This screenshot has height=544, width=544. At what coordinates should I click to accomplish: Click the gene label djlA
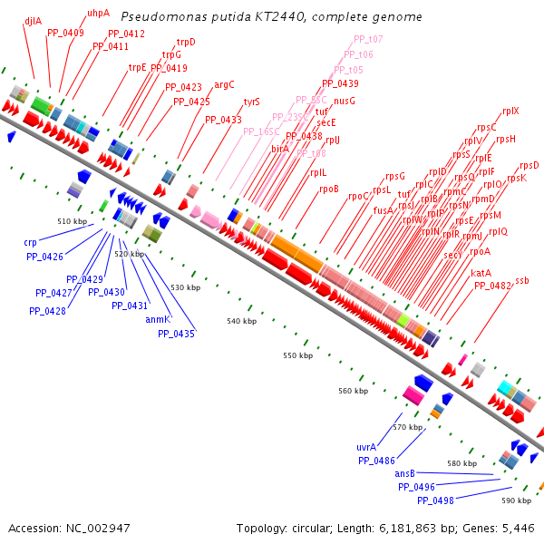pyautogui.click(x=33, y=20)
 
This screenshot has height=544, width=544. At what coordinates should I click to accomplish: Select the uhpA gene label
pyautogui.click(x=98, y=14)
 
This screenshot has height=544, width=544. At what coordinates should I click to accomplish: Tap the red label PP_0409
pyautogui.click(x=65, y=33)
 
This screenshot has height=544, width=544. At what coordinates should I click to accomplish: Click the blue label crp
pyautogui.click(x=31, y=243)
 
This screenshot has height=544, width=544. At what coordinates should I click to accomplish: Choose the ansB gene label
pyautogui.click(x=404, y=473)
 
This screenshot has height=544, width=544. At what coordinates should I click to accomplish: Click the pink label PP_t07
pyautogui.click(x=367, y=39)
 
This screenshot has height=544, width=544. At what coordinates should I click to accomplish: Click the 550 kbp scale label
pyautogui.click(x=297, y=355)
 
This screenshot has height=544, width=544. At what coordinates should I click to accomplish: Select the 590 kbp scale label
pyautogui.click(x=516, y=500)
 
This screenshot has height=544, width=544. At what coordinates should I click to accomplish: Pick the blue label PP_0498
pyautogui.click(x=435, y=500)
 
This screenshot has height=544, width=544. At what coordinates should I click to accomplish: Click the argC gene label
pyautogui.click(x=224, y=84)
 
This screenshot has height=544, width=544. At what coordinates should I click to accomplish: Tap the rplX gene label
pyautogui.click(x=510, y=111)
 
